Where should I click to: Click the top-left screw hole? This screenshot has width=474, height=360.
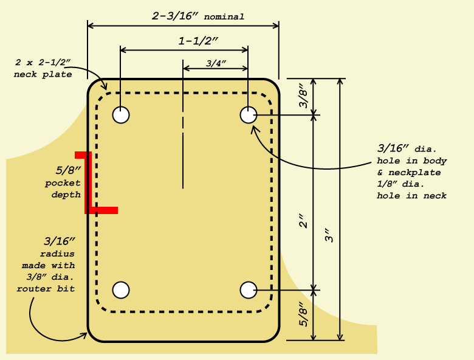tap(122, 115)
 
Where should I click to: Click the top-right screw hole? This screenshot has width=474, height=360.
tap(248, 115)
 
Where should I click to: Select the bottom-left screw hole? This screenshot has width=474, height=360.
tap(122, 290)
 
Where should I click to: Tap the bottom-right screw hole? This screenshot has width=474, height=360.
tap(248, 290)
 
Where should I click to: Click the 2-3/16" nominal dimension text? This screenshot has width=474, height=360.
tap(198, 16)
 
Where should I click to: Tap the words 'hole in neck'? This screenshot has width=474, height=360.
tap(411, 195)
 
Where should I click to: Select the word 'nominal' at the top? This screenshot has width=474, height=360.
tap(224, 17)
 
